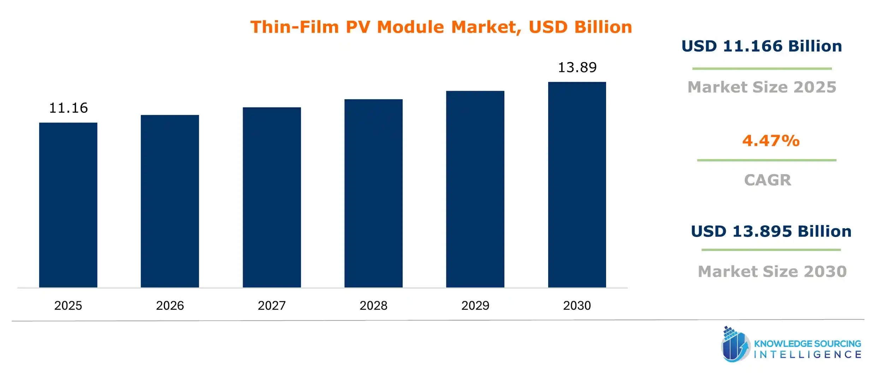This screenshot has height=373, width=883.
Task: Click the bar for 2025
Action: coord(68,205)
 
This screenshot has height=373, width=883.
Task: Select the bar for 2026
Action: coord(170,201)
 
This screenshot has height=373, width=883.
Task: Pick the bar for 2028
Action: coord(373,193)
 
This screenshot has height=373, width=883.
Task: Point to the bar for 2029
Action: coord(475,189)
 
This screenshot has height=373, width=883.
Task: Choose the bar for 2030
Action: coord(577,184)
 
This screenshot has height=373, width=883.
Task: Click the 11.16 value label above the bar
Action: coord(68,108)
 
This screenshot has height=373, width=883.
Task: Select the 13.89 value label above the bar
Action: coord(577,67)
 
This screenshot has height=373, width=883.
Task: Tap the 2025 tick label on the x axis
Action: coord(68,306)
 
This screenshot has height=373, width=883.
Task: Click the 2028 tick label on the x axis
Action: coord(373,306)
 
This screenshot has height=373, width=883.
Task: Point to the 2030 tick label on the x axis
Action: coord(577,306)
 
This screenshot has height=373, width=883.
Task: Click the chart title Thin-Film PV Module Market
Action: coord(441,27)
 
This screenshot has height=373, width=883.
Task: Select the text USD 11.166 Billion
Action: coord(761,46)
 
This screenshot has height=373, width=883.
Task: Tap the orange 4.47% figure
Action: coord(771,141)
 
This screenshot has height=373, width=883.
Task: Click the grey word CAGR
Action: coord(768,180)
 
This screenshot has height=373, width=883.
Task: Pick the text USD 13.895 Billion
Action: coord(771,231)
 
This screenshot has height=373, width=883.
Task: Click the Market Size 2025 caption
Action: coord(762,87)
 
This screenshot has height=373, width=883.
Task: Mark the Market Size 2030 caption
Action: coord(772,272)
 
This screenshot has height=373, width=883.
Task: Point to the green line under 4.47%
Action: coord(766,160)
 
